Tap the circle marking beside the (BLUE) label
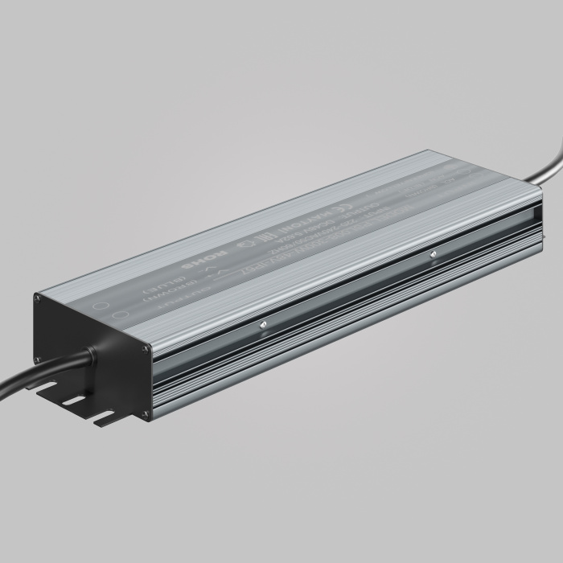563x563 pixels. click(101, 306)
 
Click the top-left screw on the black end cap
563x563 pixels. click(37, 298)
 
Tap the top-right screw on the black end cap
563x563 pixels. click(145, 348)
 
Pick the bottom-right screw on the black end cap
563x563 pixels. click(146, 415)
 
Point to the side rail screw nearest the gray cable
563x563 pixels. click(433, 254)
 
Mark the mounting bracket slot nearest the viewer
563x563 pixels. click(105, 418)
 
